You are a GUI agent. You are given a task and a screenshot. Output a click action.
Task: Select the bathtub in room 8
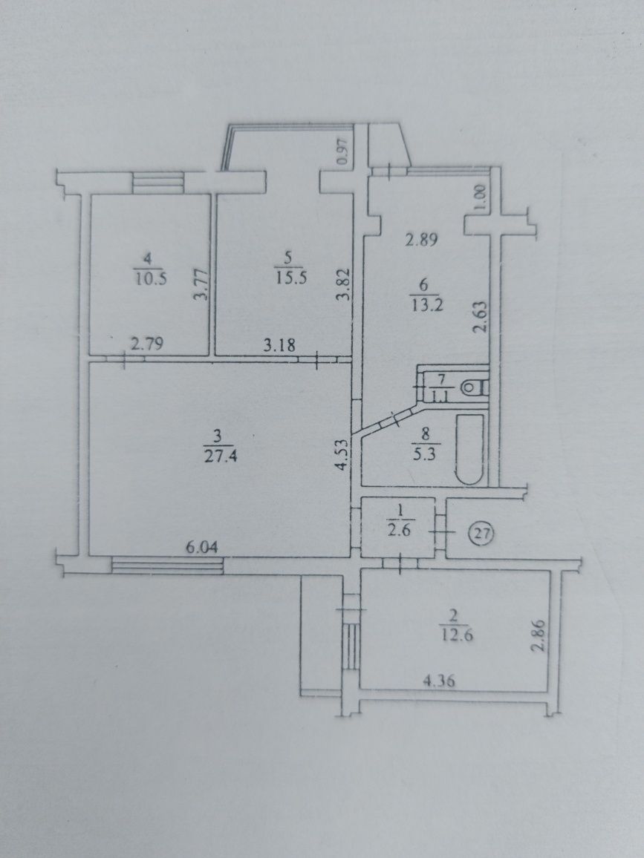click(470, 449)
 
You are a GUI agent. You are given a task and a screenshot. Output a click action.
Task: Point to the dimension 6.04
click(203, 547)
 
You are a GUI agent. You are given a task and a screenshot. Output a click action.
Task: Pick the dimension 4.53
click(342, 455)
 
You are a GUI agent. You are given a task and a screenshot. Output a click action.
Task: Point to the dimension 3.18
click(279, 345)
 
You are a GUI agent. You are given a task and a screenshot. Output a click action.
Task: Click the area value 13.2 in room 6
click(426, 305)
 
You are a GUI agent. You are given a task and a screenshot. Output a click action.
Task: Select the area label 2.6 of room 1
click(401, 531)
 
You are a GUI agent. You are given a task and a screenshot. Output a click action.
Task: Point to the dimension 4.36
click(439, 682)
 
